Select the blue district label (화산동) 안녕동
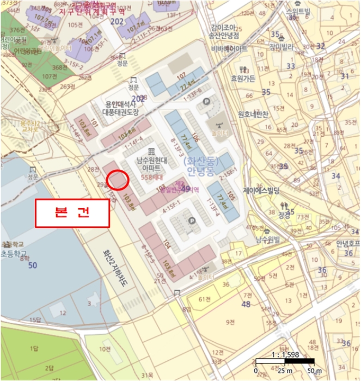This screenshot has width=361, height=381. click(200, 165)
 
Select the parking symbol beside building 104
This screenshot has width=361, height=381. click(191, 221)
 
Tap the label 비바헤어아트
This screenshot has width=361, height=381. click(229, 48)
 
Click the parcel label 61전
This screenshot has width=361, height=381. click(205, 299)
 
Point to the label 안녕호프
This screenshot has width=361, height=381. click(348, 243)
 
